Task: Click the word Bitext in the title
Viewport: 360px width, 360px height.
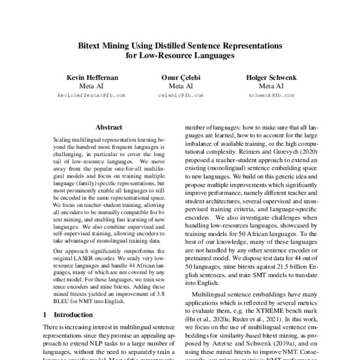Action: click(95, 45)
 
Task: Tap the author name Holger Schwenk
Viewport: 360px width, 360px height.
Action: click(267, 77)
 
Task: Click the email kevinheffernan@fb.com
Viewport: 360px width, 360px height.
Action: click(91, 95)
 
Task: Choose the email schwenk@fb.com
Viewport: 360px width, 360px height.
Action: click(268, 95)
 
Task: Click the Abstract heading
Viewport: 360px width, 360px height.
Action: click(109, 127)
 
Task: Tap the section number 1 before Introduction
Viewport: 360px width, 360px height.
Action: click(46, 314)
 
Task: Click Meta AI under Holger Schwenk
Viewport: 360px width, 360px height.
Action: click(267, 86)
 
